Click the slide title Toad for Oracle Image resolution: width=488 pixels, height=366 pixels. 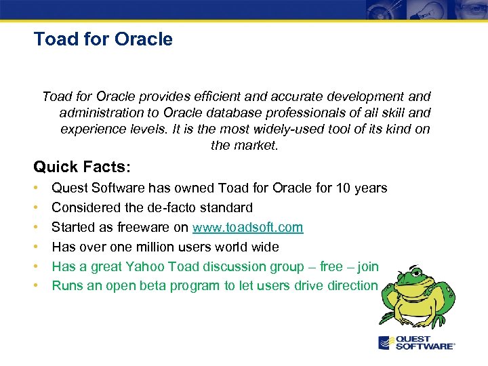[103, 39]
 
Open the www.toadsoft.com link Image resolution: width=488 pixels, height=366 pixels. [247, 227]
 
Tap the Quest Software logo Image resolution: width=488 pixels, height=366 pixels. [416, 343]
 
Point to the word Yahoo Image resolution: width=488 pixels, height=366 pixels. [152, 266]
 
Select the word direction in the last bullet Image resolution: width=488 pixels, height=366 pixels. [349, 286]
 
